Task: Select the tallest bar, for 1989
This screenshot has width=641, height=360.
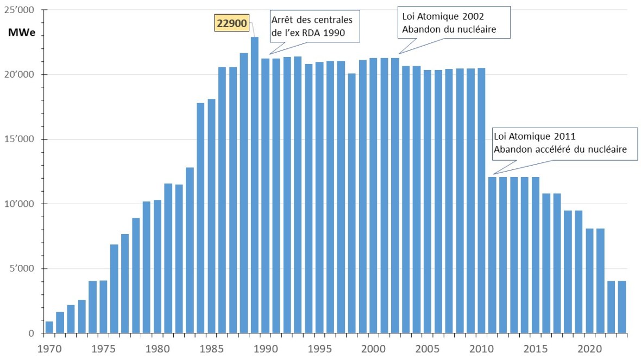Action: point(254,185)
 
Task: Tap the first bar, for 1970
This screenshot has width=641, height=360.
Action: point(49,327)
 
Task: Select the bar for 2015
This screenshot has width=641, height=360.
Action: point(535,255)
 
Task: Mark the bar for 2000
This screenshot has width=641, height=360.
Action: point(373,195)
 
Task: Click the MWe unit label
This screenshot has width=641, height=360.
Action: point(21,32)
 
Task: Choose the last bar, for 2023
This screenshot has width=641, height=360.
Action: point(621,307)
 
